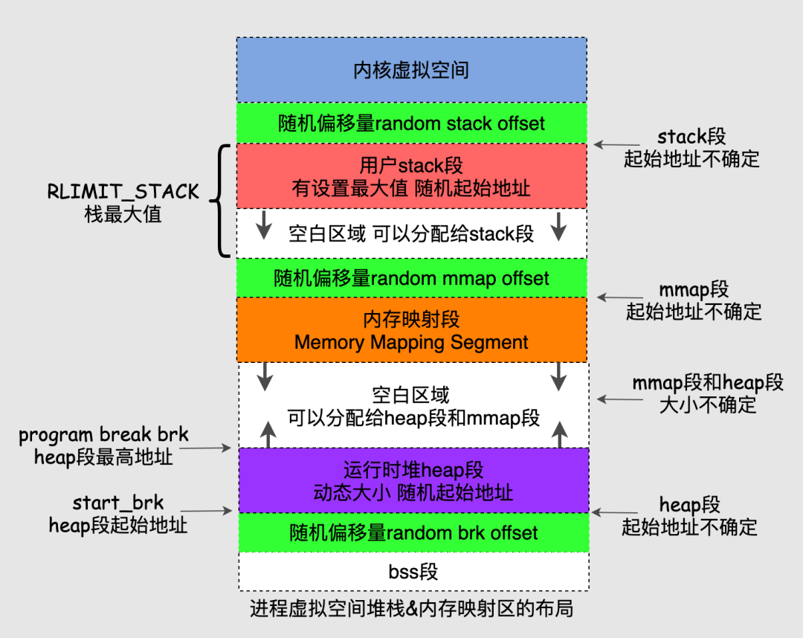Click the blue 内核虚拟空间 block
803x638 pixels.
tap(412, 70)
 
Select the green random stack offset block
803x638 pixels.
tap(412, 123)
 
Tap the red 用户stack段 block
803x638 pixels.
tap(412, 176)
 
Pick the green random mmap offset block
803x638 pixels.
tap(412, 278)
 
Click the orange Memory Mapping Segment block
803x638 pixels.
tap(412, 330)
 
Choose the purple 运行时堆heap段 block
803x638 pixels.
tap(414, 480)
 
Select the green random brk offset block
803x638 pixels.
tap(414, 532)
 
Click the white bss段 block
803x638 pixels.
tap(414, 571)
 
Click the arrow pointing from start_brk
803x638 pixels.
tap(207, 511)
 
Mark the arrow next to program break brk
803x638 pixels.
tap(205, 448)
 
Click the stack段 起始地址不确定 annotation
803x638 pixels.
tap(691, 147)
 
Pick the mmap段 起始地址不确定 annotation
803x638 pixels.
tap(694, 300)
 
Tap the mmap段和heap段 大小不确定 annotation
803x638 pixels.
tap(708, 394)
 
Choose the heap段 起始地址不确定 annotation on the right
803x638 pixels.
tap(689, 515)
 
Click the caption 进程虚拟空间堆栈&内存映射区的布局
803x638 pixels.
tap(412, 609)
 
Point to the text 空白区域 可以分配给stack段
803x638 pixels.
tap(411, 233)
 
